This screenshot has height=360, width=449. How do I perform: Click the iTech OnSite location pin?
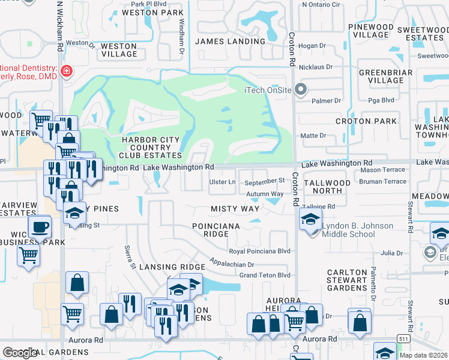[x=301, y=90]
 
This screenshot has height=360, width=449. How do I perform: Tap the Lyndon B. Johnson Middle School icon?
[x=311, y=220]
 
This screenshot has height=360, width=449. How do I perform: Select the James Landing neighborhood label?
[x=230, y=41]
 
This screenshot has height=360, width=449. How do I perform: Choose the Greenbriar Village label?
[x=381, y=76]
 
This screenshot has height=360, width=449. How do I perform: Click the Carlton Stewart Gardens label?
[x=347, y=280]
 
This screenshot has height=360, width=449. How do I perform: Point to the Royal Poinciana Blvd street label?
[x=259, y=251]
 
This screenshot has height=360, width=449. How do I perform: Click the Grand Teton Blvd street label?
[x=265, y=275]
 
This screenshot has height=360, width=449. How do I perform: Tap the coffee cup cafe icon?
[x=40, y=227]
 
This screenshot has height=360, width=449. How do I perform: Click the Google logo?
[x=20, y=353]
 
